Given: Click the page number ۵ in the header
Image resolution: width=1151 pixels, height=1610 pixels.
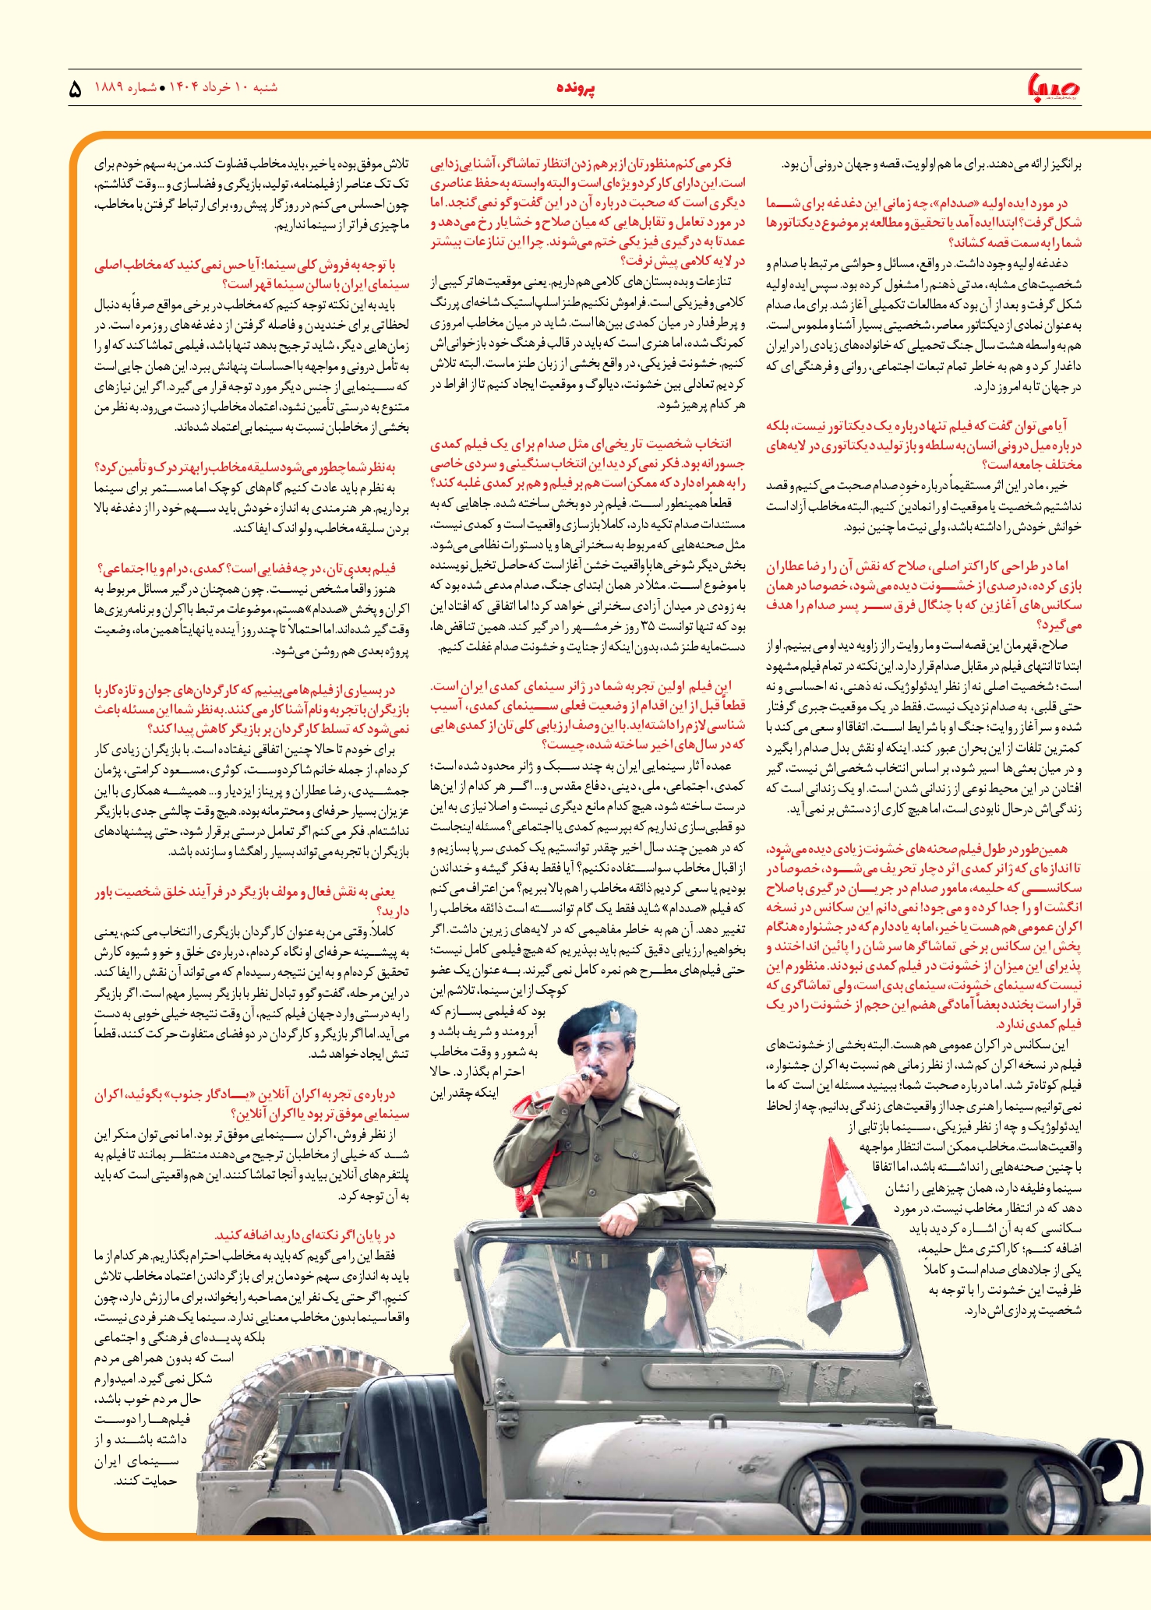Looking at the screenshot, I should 75,89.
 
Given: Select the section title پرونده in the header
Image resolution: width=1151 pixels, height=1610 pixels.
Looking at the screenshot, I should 576,89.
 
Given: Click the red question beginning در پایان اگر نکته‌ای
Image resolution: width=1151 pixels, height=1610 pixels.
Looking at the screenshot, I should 305,1235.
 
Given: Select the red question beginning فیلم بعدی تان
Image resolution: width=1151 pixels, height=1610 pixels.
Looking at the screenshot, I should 247,568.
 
